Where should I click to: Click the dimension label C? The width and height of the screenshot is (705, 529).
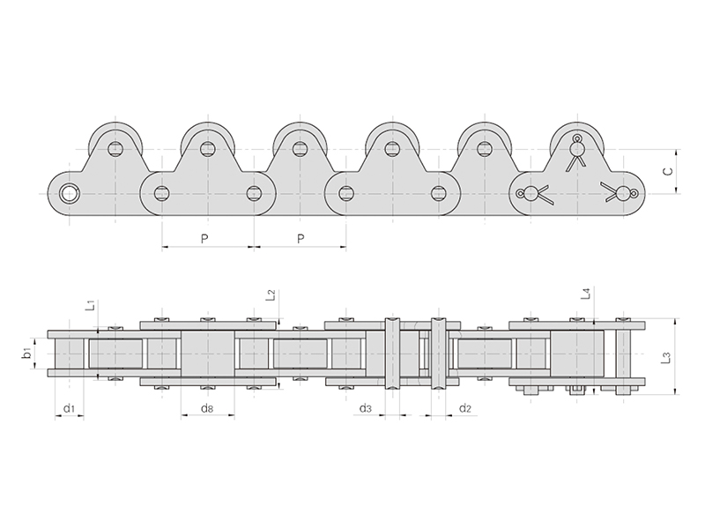[668, 170]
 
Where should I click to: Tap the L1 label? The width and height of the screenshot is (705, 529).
[91, 305]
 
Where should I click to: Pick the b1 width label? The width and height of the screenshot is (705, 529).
[27, 354]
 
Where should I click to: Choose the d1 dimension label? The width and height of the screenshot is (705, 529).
[69, 407]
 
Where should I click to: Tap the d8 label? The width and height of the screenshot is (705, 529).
[206, 407]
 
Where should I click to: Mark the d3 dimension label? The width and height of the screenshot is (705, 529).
[366, 407]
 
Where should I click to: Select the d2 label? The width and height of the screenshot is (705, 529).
[465, 407]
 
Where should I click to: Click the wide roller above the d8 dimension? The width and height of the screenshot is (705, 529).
[207, 353]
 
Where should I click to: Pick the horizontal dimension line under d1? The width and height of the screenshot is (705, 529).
[69, 416]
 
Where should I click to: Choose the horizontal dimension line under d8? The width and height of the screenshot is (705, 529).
[207, 416]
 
